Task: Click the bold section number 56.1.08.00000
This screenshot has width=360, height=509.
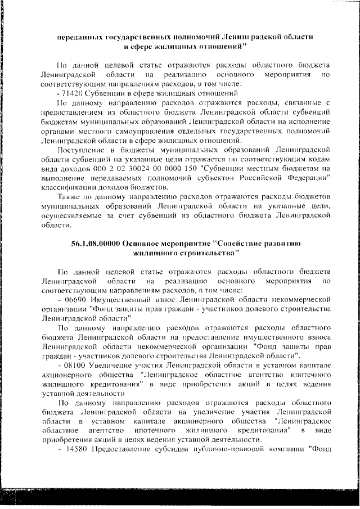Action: [95, 244]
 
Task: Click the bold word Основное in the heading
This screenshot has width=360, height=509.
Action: [145, 244]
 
